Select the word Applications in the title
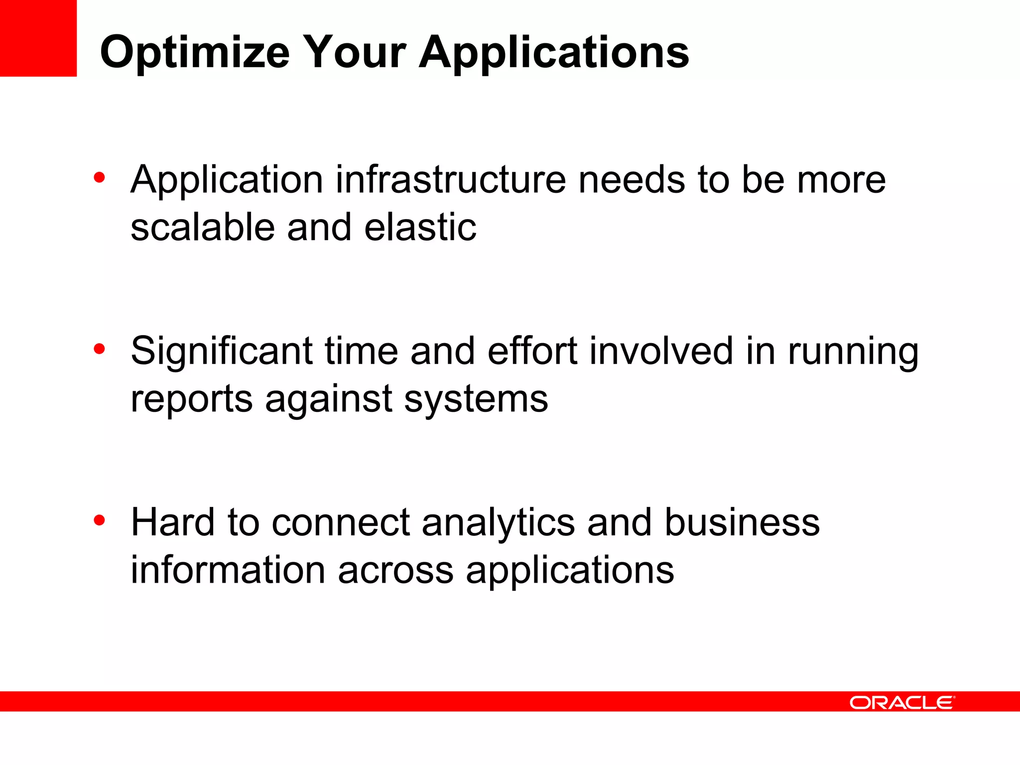pyautogui.click(x=554, y=53)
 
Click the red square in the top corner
pyautogui.click(x=38, y=38)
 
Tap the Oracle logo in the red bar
pyautogui.click(x=902, y=702)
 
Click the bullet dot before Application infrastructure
pyautogui.click(x=99, y=177)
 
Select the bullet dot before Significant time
pyautogui.click(x=99, y=349)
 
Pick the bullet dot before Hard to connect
pyautogui.click(x=99, y=520)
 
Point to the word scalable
pyautogui.click(x=203, y=228)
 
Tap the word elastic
pyautogui.click(x=420, y=228)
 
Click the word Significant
pyautogui.click(x=222, y=352)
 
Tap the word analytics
pyautogui.click(x=498, y=523)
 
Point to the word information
pyautogui.click(x=228, y=570)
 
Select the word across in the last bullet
pyautogui.click(x=395, y=571)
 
